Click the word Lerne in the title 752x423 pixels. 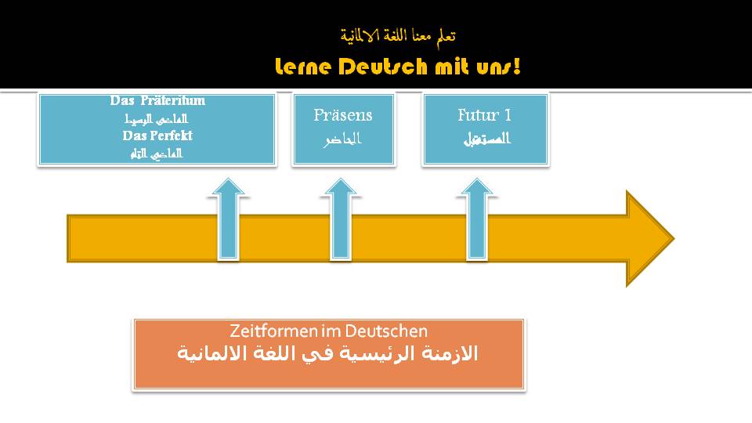click(x=304, y=67)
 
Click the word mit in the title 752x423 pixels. click(x=447, y=67)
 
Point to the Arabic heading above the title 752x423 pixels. click(x=398, y=35)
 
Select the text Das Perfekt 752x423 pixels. click(x=157, y=136)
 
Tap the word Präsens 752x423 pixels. click(x=343, y=115)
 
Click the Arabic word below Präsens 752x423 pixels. click(x=343, y=139)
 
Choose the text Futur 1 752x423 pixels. click(x=485, y=115)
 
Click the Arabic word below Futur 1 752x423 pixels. click(x=485, y=139)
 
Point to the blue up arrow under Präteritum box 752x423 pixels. click(x=228, y=219)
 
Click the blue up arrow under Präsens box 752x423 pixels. click(x=340, y=219)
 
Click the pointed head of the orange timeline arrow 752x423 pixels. click(x=649, y=238)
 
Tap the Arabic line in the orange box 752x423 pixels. click(x=328, y=353)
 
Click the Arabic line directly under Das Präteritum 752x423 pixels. click(x=157, y=119)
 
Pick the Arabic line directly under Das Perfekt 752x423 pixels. click(x=157, y=153)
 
